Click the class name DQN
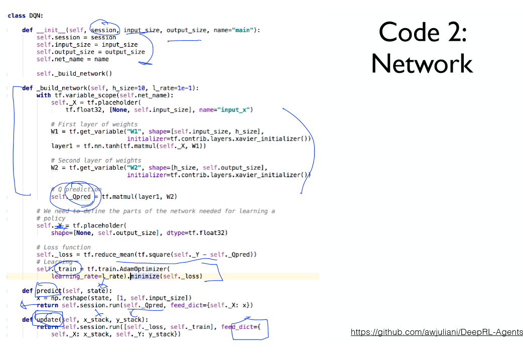pyautogui.click(x=35, y=16)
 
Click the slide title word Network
pyautogui.click(x=422, y=64)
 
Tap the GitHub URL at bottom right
pyautogui.click(x=437, y=332)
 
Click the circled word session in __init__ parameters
pyautogui.click(x=104, y=30)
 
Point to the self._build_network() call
pyautogui.click(x=74, y=73)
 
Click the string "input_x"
pyautogui.click(x=235, y=109)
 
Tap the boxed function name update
pyautogui.click(x=47, y=320)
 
